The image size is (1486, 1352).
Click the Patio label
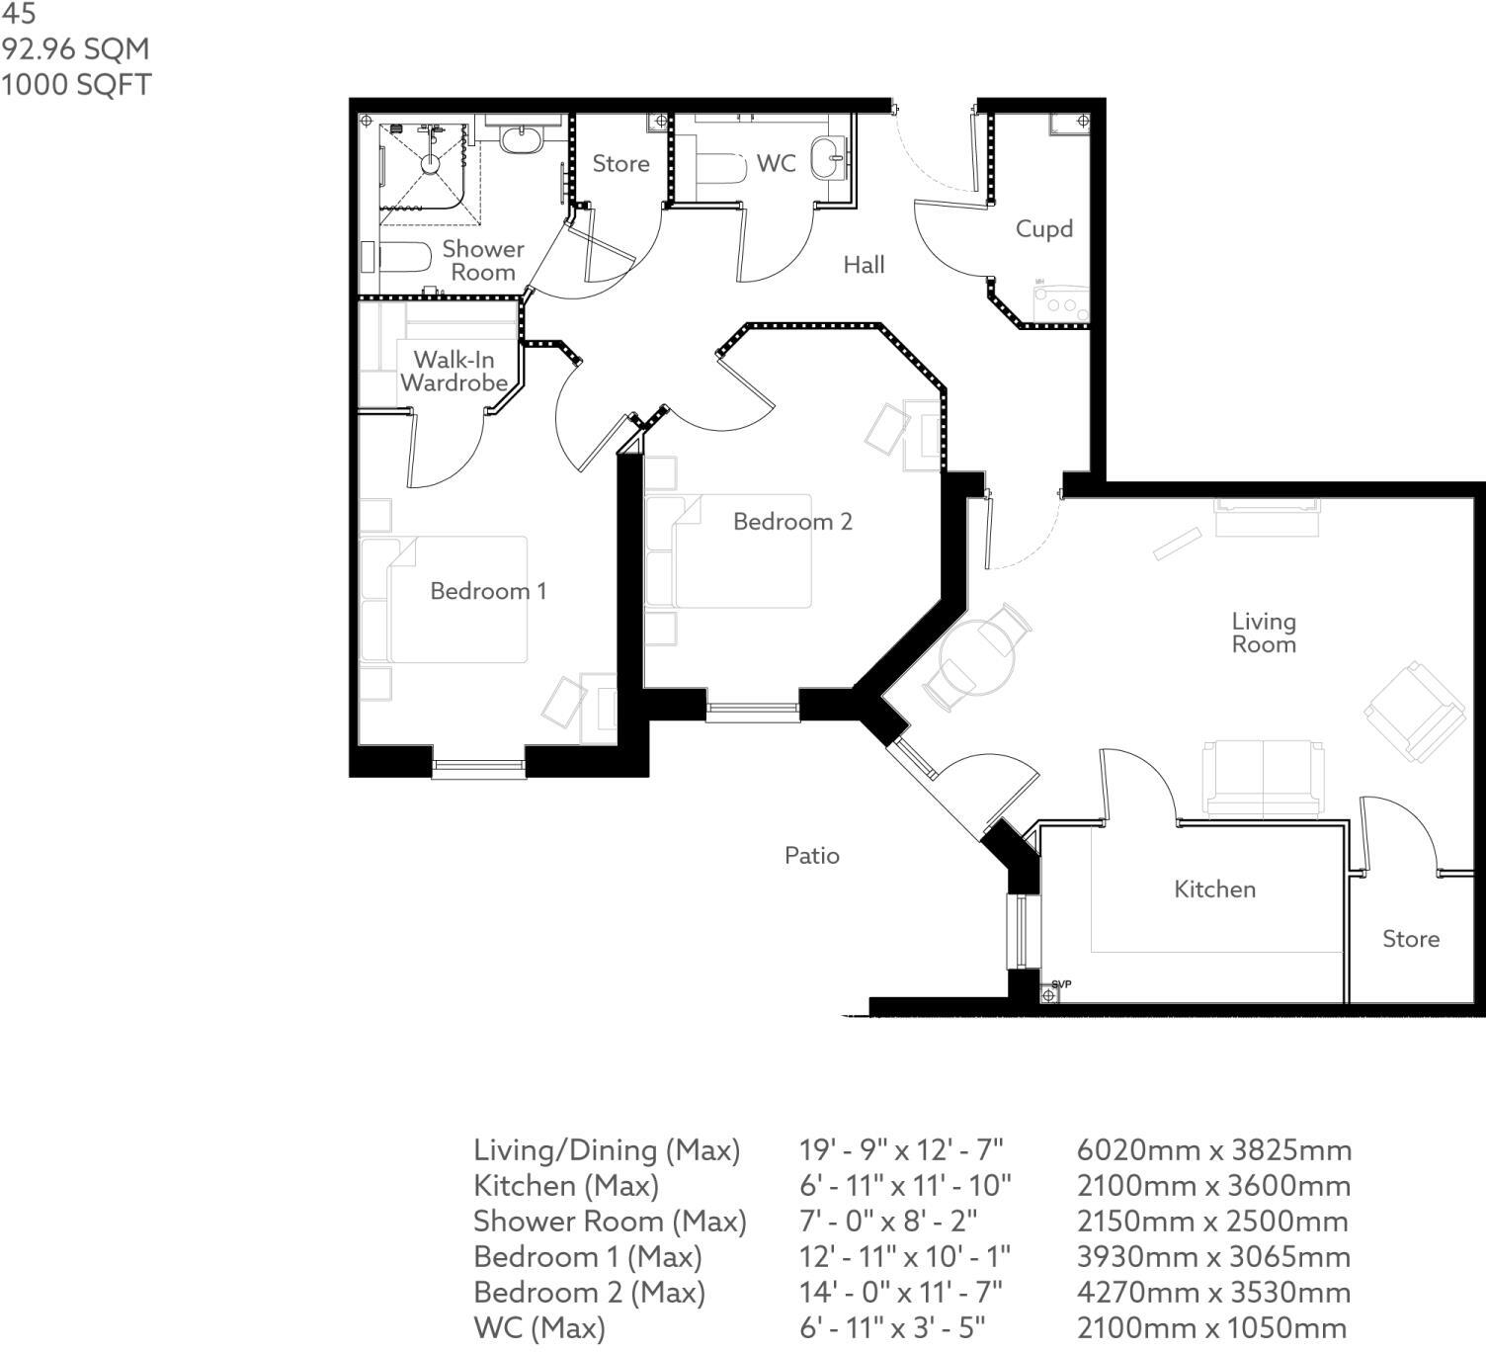tap(812, 856)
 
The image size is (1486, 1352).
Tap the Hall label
tap(864, 265)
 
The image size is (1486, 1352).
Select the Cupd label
tap(1043, 229)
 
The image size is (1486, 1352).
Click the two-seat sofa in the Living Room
tap(1263, 779)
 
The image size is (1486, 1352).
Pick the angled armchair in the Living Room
tap(1414, 713)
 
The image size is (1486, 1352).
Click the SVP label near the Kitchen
tap(1061, 984)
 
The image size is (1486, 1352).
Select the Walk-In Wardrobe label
tap(454, 371)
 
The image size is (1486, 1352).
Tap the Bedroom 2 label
tap(792, 522)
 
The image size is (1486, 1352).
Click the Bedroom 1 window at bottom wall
tap(478, 769)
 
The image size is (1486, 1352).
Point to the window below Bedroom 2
tap(753, 713)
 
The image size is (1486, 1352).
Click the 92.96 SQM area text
tap(75, 49)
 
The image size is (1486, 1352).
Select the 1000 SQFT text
tap(75, 85)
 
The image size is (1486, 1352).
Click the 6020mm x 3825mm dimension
tap(1214, 1149)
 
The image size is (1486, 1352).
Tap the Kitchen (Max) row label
tap(566, 1185)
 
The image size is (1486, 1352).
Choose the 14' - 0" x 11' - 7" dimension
tap(901, 1292)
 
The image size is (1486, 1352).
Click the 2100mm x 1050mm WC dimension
tap(1212, 1327)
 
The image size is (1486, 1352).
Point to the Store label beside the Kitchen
tap(1411, 939)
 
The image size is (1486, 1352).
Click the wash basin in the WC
tap(828, 157)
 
